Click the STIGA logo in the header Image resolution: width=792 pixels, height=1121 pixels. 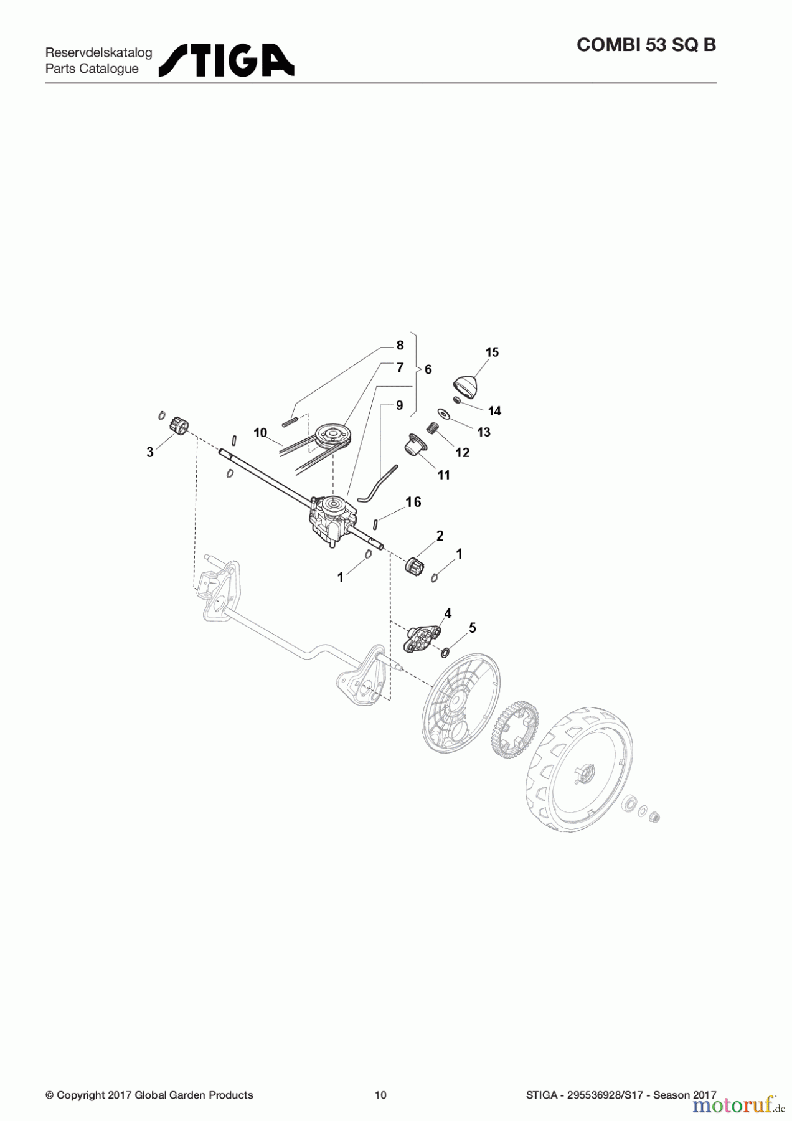pyautogui.click(x=227, y=60)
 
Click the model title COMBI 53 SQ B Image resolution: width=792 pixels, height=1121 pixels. pyautogui.click(x=646, y=45)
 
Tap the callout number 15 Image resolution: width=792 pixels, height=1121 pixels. pyautogui.click(x=492, y=352)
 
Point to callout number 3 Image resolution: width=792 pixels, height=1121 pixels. pyautogui.click(x=150, y=452)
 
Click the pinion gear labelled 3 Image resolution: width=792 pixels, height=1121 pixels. pyautogui.click(x=178, y=427)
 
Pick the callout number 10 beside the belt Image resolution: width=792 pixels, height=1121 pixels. pyautogui.click(x=260, y=433)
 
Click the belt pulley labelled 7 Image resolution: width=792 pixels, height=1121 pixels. pyautogui.click(x=332, y=436)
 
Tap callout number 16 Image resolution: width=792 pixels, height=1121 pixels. pyautogui.click(x=413, y=502)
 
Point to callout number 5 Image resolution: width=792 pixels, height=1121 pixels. pyautogui.click(x=473, y=628)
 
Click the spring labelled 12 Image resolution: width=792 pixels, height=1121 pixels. pyautogui.click(x=433, y=428)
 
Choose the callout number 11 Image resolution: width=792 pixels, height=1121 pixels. pyautogui.click(x=443, y=475)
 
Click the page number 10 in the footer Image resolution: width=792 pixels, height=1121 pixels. pyautogui.click(x=380, y=1095)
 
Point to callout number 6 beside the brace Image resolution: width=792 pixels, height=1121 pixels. pyautogui.click(x=428, y=370)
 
